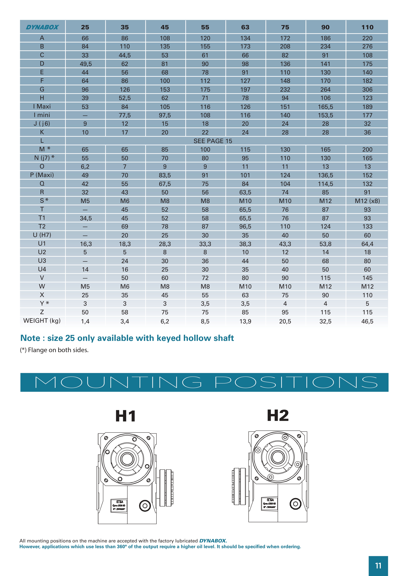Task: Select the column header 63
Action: coord(245,27)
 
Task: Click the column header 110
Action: coord(367,27)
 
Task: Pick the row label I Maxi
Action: coord(42,106)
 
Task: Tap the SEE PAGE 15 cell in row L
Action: coord(213,141)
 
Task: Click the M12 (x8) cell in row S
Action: coord(367,201)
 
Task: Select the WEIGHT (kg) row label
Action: coord(42,321)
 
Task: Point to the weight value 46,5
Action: coord(367,321)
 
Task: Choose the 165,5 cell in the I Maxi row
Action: coord(325,107)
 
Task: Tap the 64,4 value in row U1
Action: coord(367,244)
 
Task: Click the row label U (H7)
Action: coord(42,235)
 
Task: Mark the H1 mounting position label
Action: coord(126,416)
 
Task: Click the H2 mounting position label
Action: coord(278,415)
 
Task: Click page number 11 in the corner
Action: coord(378,566)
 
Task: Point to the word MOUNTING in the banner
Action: coord(118,382)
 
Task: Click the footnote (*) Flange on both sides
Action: coord(54,350)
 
